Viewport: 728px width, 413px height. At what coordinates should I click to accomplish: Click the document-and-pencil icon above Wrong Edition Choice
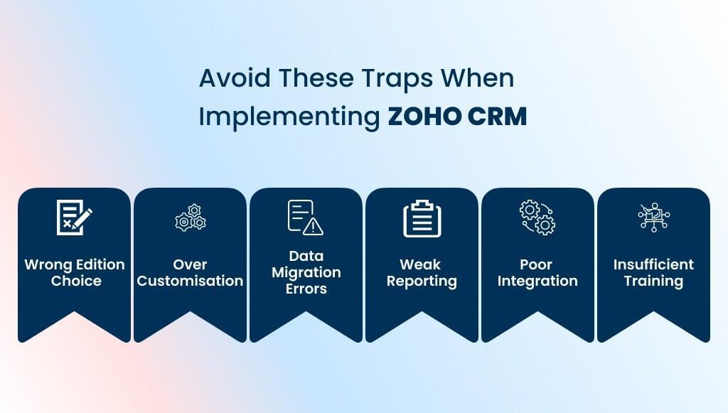click(75, 218)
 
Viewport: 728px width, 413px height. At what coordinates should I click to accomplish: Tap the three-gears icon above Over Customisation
click(191, 218)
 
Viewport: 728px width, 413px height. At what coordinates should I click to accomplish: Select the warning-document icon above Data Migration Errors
click(305, 218)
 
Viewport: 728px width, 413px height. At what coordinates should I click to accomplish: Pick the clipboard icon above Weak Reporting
click(422, 219)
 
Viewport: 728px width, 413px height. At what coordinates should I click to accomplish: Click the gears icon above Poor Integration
click(537, 218)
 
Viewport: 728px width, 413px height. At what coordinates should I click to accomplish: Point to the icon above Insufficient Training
click(653, 218)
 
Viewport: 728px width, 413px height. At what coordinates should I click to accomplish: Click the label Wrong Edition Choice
click(75, 272)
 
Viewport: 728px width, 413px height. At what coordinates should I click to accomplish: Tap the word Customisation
click(191, 281)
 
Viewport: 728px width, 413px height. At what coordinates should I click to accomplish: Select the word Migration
click(306, 272)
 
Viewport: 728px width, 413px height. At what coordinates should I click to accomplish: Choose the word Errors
click(306, 289)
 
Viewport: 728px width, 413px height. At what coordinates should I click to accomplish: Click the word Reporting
click(422, 281)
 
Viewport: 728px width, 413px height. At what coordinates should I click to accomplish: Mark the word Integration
click(537, 281)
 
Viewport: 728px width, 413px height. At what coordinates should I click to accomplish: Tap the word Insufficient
click(653, 264)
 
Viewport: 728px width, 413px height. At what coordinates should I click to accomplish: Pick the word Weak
click(422, 264)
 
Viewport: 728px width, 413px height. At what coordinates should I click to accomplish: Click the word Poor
click(537, 264)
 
